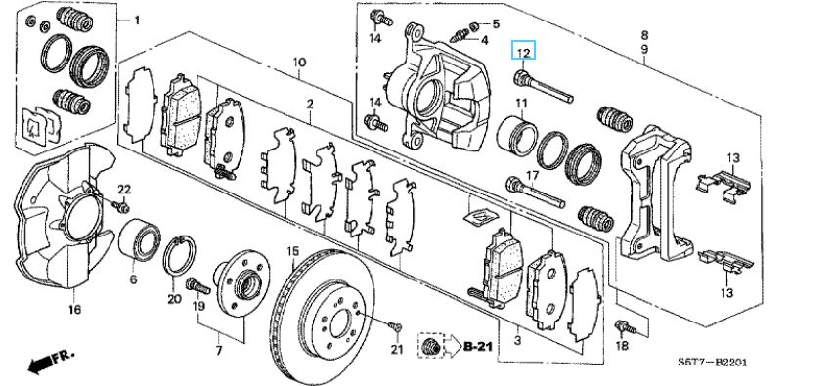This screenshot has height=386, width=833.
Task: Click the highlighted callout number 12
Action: pyautogui.click(x=523, y=52)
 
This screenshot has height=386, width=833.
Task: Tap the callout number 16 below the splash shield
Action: pyautogui.click(x=74, y=309)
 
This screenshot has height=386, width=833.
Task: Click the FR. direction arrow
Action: pyautogui.click(x=52, y=362)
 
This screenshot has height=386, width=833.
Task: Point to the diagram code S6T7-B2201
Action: pyautogui.click(x=713, y=363)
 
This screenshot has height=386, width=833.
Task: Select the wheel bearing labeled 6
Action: pyautogui.click(x=139, y=239)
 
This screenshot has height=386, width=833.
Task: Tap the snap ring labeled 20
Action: pyautogui.click(x=181, y=256)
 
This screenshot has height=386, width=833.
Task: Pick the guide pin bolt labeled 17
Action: pyautogui.click(x=535, y=193)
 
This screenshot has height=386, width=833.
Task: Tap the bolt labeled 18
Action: pyautogui.click(x=625, y=327)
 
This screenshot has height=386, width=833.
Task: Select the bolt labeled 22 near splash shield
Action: pyautogui.click(x=121, y=206)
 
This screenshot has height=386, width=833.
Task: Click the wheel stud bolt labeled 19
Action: pyautogui.click(x=198, y=286)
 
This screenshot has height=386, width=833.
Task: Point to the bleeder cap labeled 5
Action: pyautogui.click(x=474, y=25)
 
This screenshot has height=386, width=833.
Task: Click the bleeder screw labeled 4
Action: pyautogui.click(x=459, y=35)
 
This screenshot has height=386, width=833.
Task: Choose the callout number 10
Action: pyautogui.click(x=299, y=63)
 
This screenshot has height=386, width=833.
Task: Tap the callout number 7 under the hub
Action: pyautogui.click(x=219, y=351)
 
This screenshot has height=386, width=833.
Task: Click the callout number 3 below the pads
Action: pyautogui.click(x=518, y=341)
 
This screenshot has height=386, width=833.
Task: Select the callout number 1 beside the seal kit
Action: pyautogui.click(x=137, y=21)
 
